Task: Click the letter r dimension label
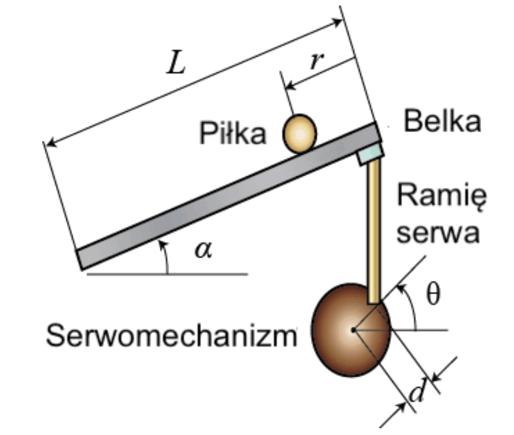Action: (x=317, y=61)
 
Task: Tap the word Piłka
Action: (x=233, y=132)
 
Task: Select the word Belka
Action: (x=442, y=121)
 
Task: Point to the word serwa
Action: (x=438, y=233)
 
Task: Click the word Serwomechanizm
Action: (x=172, y=335)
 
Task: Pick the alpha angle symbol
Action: (x=204, y=250)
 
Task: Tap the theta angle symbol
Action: (x=433, y=294)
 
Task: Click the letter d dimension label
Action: (x=417, y=390)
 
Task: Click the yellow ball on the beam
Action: (x=299, y=134)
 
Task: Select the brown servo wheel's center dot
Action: (x=354, y=330)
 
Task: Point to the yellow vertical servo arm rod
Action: (x=374, y=232)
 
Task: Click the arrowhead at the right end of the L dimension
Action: (x=338, y=22)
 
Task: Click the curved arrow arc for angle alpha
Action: (x=165, y=256)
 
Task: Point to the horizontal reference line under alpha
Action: (x=167, y=274)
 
